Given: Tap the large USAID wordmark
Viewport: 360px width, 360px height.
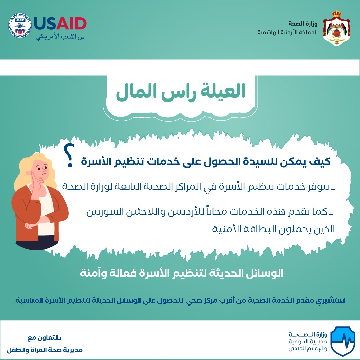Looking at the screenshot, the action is (x=60, y=24).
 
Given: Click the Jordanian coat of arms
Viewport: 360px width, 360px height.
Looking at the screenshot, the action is (x=336, y=28).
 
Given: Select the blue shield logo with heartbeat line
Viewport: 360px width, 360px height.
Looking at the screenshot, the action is (x=343, y=341).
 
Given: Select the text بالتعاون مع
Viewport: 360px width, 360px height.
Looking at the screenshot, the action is (x=44, y=338).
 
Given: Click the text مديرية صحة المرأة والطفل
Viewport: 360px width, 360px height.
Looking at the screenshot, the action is (x=45, y=350).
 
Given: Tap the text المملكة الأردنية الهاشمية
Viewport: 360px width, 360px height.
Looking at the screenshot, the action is (x=287, y=32).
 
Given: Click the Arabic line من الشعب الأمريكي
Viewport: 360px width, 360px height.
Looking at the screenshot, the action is (x=60, y=37).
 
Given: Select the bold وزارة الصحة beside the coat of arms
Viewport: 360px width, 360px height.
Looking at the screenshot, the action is (x=303, y=23).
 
